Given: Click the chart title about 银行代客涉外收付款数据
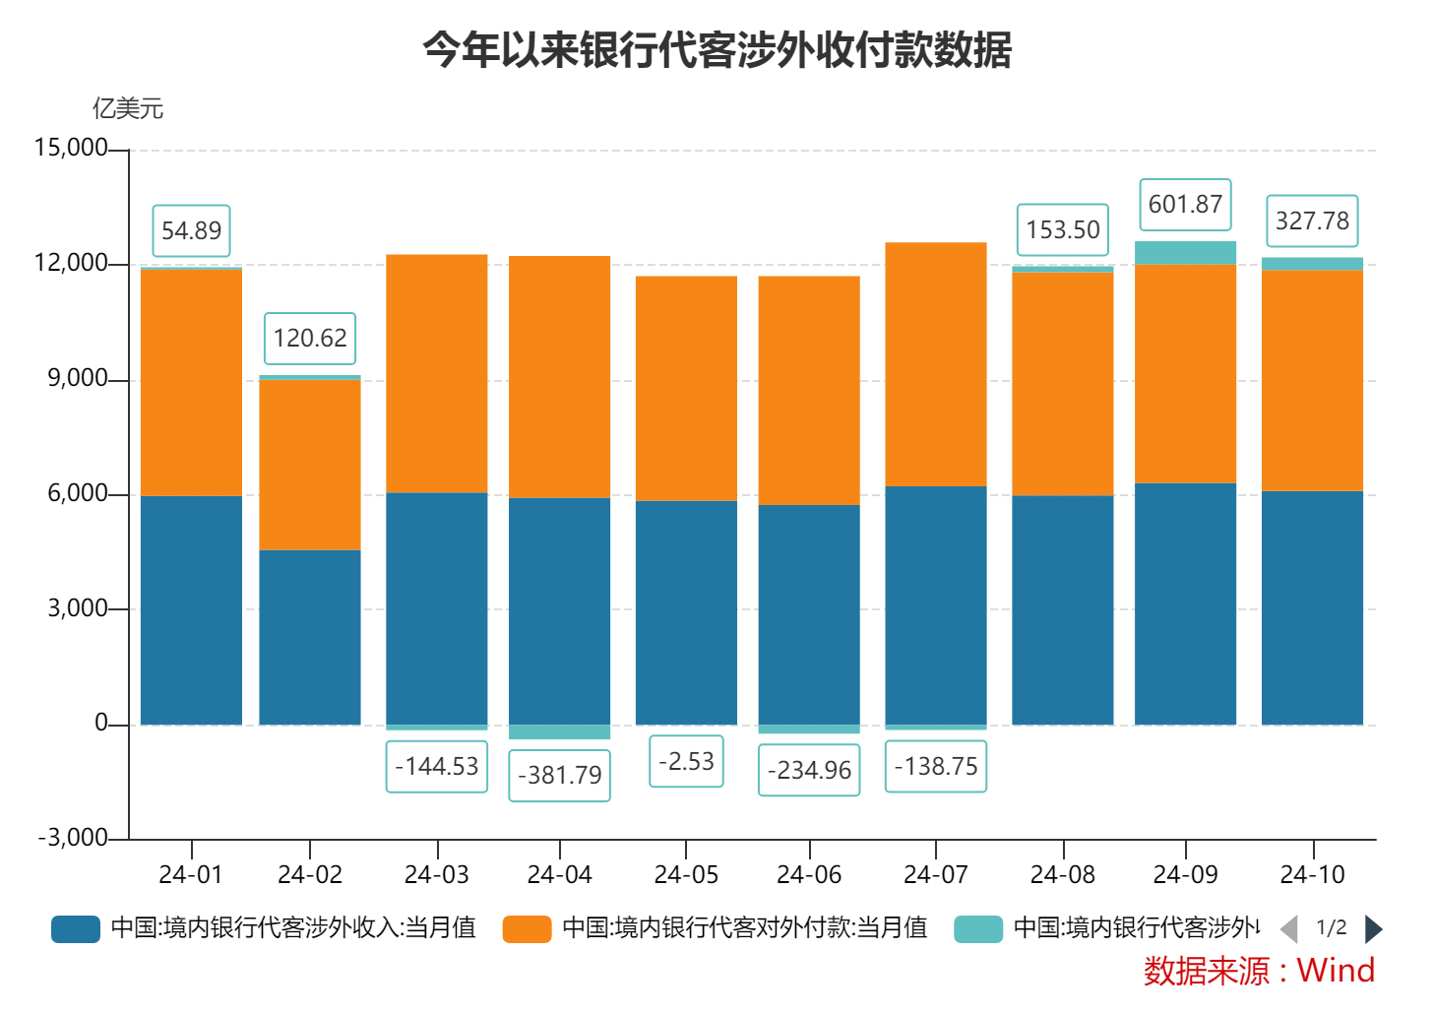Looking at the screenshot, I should point(717,49).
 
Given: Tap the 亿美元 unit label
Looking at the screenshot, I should point(128,108).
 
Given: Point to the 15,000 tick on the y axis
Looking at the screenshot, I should point(71,148).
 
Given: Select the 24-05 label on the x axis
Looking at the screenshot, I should point(686,874).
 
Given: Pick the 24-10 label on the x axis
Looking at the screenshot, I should point(1312,874).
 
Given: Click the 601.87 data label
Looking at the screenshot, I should point(1185,205).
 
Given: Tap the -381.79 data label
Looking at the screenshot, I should point(559,776).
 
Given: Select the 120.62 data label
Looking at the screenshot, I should point(310,339).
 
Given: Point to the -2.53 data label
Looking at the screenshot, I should point(686,762).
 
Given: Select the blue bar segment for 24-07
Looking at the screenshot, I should point(935,605).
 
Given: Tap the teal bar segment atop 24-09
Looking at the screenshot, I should point(1185,253).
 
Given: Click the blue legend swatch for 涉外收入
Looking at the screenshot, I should point(76,928).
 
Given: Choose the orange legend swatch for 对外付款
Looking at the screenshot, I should point(527,928).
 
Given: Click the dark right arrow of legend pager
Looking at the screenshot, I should point(1374,928).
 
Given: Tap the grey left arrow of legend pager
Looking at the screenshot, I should point(1288,928).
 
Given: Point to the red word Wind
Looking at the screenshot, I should point(1336,971).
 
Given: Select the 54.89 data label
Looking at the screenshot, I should point(191,231).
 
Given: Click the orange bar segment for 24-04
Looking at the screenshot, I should point(559,377).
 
